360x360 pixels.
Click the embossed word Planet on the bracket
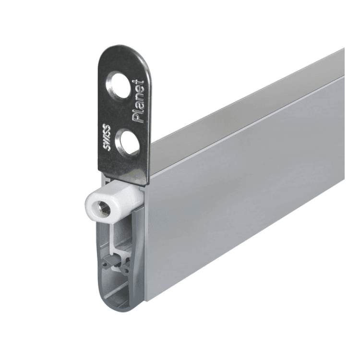tap(138, 101)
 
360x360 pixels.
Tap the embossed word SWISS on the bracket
tap(106, 137)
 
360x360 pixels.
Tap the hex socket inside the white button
tap(103, 208)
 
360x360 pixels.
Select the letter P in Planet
tap(138, 118)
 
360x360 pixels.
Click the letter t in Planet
tap(139, 82)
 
